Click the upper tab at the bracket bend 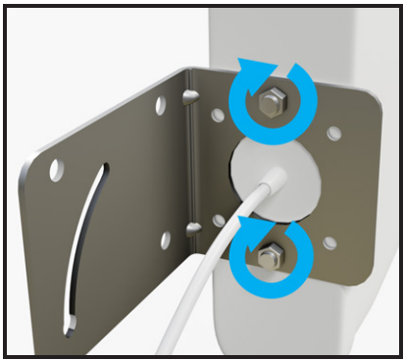190,94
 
